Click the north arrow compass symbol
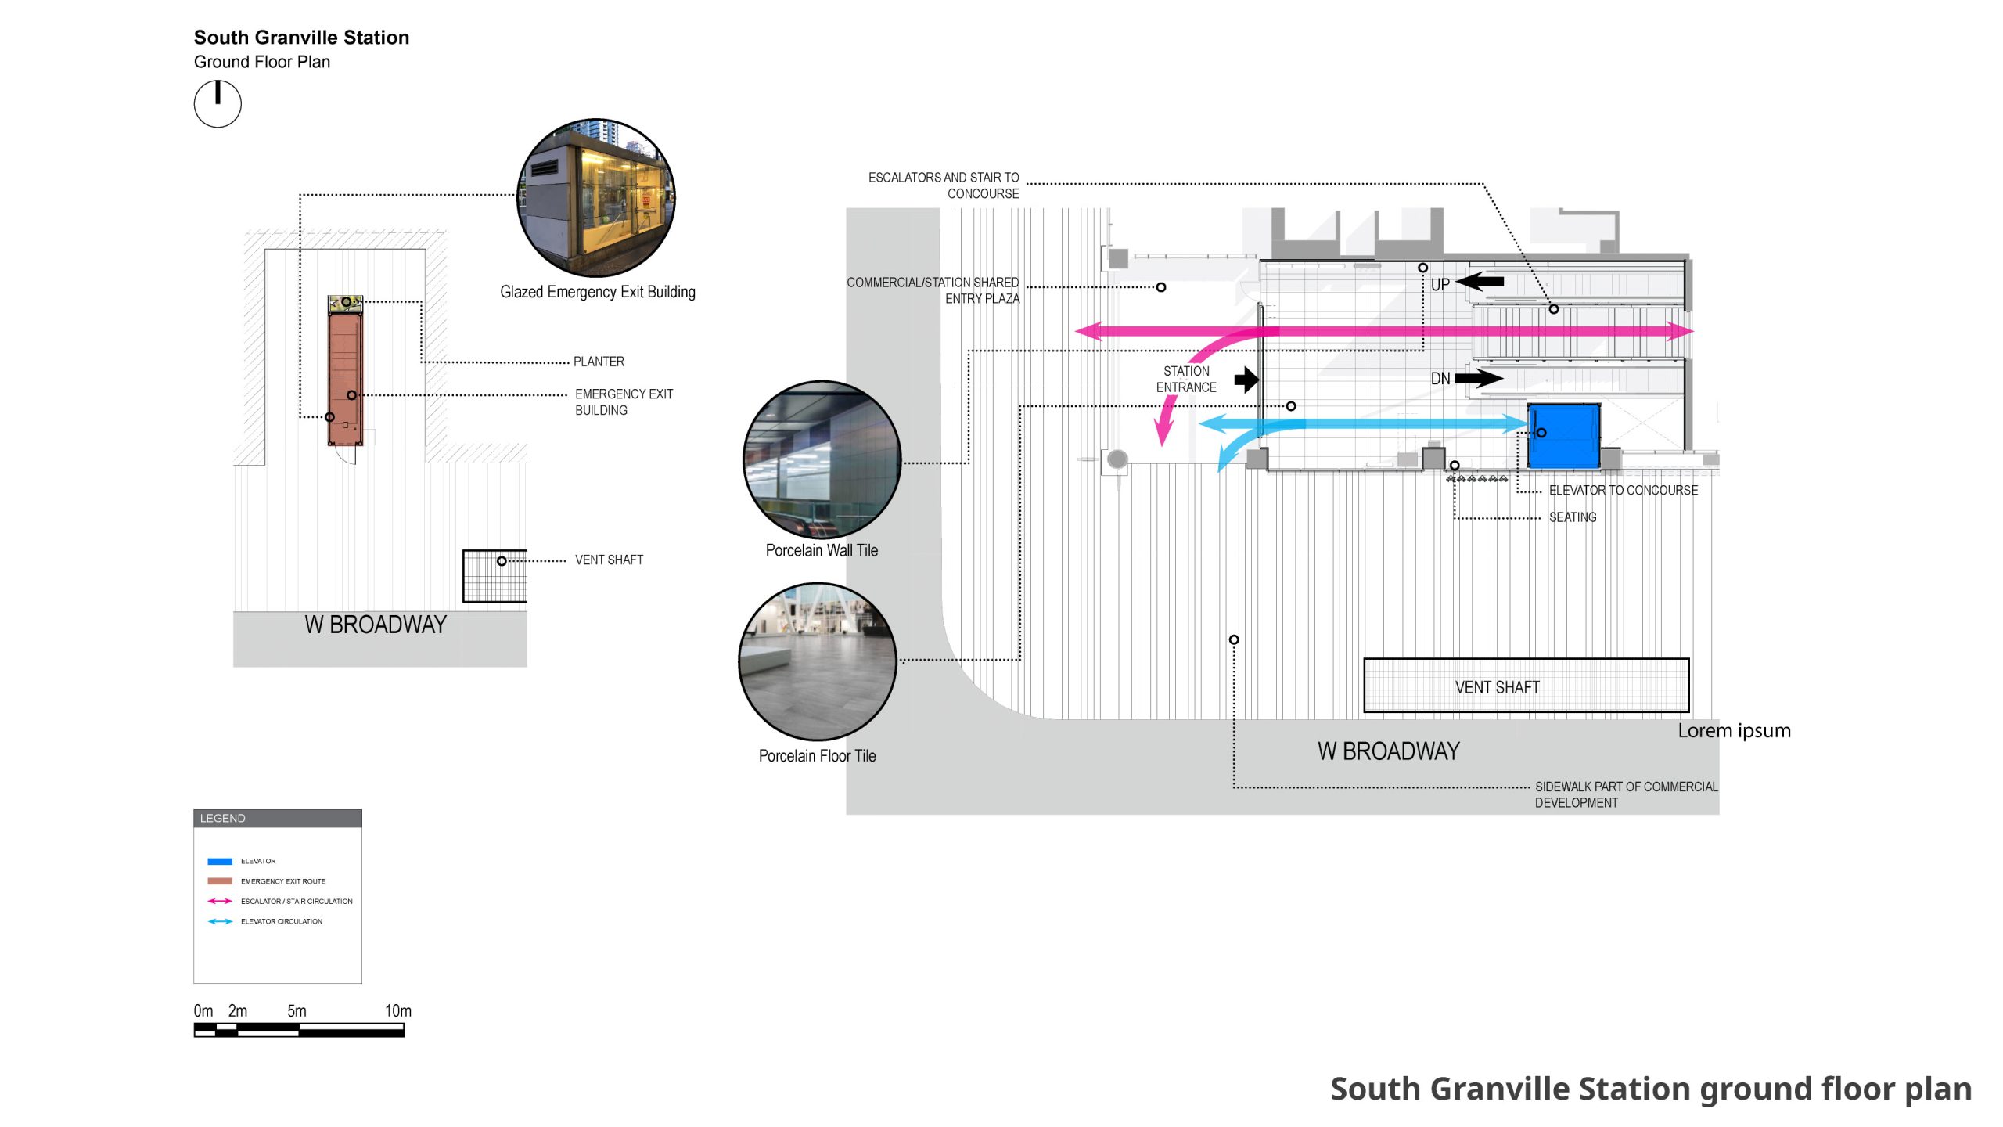click(218, 104)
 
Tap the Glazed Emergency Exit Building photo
click(596, 198)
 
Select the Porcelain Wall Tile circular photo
click(822, 460)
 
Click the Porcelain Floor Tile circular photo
click(818, 661)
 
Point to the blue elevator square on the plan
click(1563, 437)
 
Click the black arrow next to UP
click(1480, 281)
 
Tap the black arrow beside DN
click(1479, 379)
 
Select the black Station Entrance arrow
click(1246, 380)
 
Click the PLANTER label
click(599, 362)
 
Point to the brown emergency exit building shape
click(345, 380)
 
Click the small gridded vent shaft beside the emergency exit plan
click(494, 576)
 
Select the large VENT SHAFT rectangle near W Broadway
click(1526, 686)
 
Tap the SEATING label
click(1573, 517)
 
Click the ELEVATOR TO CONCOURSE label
click(1624, 491)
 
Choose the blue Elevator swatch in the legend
click(220, 861)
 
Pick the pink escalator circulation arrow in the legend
click(220, 902)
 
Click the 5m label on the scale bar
click(297, 1010)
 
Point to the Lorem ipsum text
click(1734, 730)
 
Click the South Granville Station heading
click(301, 38)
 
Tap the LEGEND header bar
click(278, 818)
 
